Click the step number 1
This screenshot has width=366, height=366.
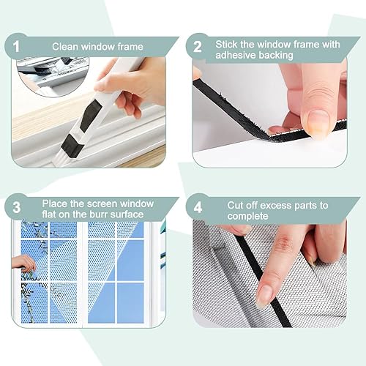click(x=16, y=46)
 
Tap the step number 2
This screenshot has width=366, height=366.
click(x=198, y=46)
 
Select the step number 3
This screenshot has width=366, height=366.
click(x=16, y=207)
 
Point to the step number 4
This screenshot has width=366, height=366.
click(x=198, y=207)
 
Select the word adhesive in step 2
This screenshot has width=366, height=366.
click(x=236, y=55)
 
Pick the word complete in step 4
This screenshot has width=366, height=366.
click(x=247, y=216)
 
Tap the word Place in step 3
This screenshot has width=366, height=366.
click(x=55, y=203)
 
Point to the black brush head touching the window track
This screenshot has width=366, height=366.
click(x=72, y=146)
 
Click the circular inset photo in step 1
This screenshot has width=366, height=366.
click(x=53, y=76)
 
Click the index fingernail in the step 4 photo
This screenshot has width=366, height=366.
click(x=263, y=296)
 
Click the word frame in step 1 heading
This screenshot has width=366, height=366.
click(x=130, y=46)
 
